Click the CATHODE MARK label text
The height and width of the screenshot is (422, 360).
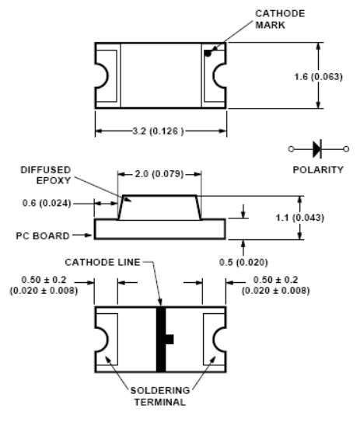280,19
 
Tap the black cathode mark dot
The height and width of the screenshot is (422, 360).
208,54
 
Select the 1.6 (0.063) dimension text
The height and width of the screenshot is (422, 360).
318,77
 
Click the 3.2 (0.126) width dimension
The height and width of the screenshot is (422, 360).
158,131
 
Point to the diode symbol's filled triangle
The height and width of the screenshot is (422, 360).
316,149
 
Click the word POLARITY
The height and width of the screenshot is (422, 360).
318,170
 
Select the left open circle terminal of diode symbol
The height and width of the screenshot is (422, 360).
291,149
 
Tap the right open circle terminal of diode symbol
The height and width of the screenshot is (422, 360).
346,149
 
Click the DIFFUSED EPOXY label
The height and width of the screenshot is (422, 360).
46,175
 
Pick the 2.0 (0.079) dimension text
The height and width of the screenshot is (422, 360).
159,174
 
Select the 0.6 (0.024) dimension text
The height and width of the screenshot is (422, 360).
47,203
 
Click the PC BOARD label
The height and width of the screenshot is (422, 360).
43,235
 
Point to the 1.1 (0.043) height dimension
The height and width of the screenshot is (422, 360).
299,218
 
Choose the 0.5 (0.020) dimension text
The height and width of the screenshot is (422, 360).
243,262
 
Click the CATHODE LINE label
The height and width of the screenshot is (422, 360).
103,262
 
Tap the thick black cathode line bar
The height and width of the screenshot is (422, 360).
161,339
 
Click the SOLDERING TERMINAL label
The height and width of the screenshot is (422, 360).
160,396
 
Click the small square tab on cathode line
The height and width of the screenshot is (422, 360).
170,339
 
